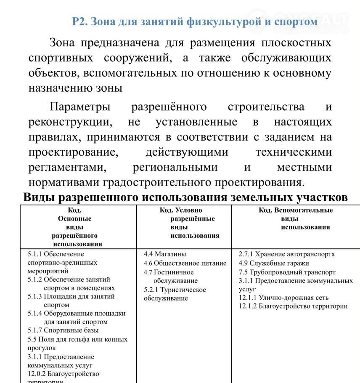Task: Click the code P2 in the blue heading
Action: [x=79, y=21]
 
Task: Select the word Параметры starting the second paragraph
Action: [x=80, y=107]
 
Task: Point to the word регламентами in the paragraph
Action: [x=67, y=168]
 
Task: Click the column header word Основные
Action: [x=74, y=219]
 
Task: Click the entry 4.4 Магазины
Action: [x=165, y=254]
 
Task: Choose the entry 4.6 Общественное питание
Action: [x=185, y=263]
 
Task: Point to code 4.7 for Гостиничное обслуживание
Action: [x=148, y=272]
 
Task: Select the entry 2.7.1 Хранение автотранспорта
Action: [x=286, y=254]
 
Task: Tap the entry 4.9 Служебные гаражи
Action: [x=274, y=263]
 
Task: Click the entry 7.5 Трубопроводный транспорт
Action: [x=287, y=272]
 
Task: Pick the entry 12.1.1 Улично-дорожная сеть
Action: [x=283, y=298]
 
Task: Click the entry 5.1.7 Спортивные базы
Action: [x=63, y=330]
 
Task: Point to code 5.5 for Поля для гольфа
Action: [x=32, y=339]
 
